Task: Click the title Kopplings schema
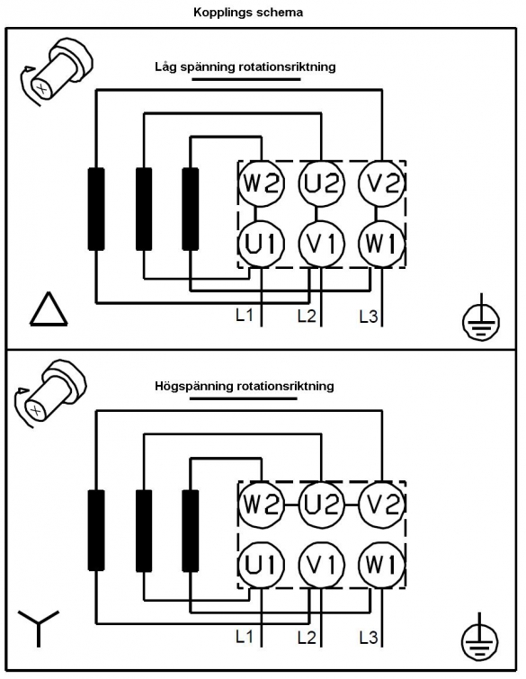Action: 248,13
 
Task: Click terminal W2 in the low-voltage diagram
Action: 261,183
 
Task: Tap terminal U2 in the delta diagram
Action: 321,183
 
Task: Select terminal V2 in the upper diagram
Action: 381,183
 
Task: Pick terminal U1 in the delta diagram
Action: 261,244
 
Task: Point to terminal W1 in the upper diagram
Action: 381,244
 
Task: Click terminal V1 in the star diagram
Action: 321,565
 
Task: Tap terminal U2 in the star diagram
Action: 321,505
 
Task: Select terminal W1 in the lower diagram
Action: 381,565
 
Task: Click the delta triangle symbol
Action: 49,309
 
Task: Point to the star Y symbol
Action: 39,628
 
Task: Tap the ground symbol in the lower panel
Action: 479,640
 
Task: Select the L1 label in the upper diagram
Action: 245,316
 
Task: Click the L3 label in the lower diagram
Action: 369,638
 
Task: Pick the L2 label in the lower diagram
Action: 307,638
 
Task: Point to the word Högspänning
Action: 194,387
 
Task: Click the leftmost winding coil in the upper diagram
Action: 96,210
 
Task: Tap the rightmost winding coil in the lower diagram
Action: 191,531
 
